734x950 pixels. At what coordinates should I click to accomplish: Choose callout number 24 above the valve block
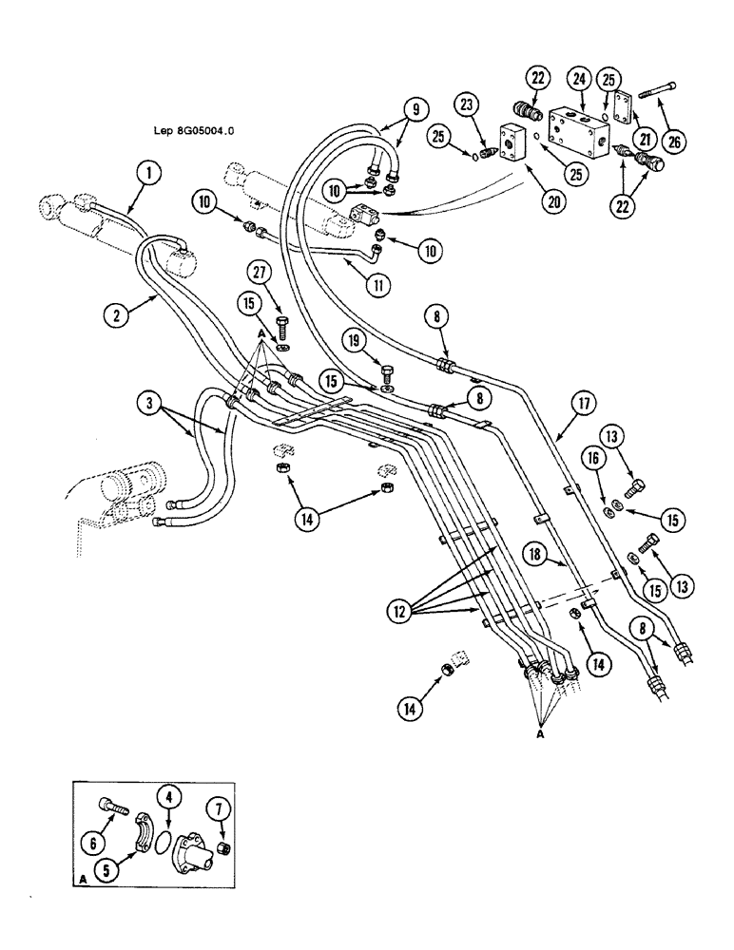tap(578, 80)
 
